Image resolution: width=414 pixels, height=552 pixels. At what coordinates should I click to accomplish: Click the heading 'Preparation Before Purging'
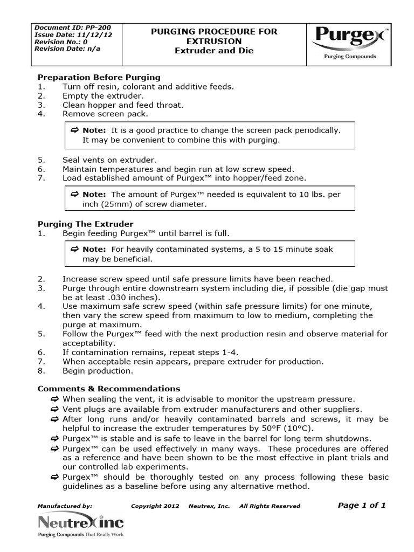pyautogui.click(x=99, y=77)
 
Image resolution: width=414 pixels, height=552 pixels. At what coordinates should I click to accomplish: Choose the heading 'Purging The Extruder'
pyautogui.click(x=85, y=224)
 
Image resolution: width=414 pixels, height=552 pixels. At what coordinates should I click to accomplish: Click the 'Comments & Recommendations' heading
pyautogui.click(x=108, y=389)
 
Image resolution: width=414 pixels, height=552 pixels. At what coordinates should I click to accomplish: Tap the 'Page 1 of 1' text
pyautogui.click(x=362, y=505)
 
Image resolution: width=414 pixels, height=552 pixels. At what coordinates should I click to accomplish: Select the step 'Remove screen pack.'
pyautogui.click(x=105, y=114)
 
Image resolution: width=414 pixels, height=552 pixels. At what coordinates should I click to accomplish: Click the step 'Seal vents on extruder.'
pyautogui.click(x=109, y=160)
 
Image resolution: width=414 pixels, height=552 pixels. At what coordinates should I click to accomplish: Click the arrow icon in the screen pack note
pyautogui.click(x=75, y=130)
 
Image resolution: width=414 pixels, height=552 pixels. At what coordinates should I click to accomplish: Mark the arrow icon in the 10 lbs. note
pyautogui.click(x=75, y=194)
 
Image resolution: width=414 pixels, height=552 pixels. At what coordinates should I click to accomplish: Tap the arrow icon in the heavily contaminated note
pyautogui.click(x=75, y=249)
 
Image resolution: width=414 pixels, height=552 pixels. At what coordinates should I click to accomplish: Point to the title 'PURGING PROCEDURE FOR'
pyautogui.click(x=214, y=32)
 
